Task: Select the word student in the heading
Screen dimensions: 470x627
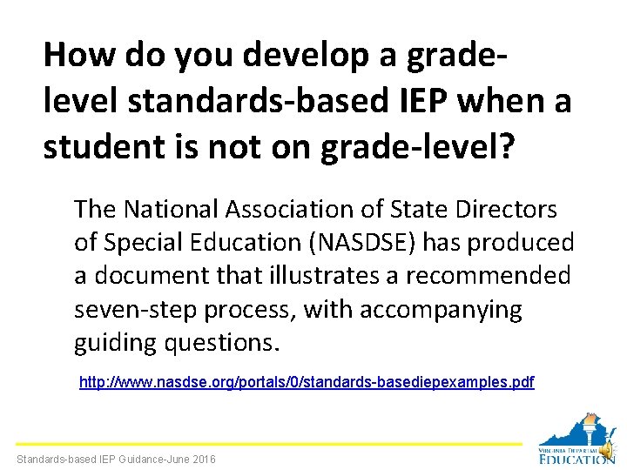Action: click(x=100, y=146)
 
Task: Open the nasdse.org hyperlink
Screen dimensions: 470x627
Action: click(x=307, y=382)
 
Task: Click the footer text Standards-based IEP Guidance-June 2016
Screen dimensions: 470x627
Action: click(x=116, y=459)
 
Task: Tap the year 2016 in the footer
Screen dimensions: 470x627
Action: click(x=203, y=459)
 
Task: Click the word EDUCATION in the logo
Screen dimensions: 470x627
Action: click(x=576, y=458)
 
